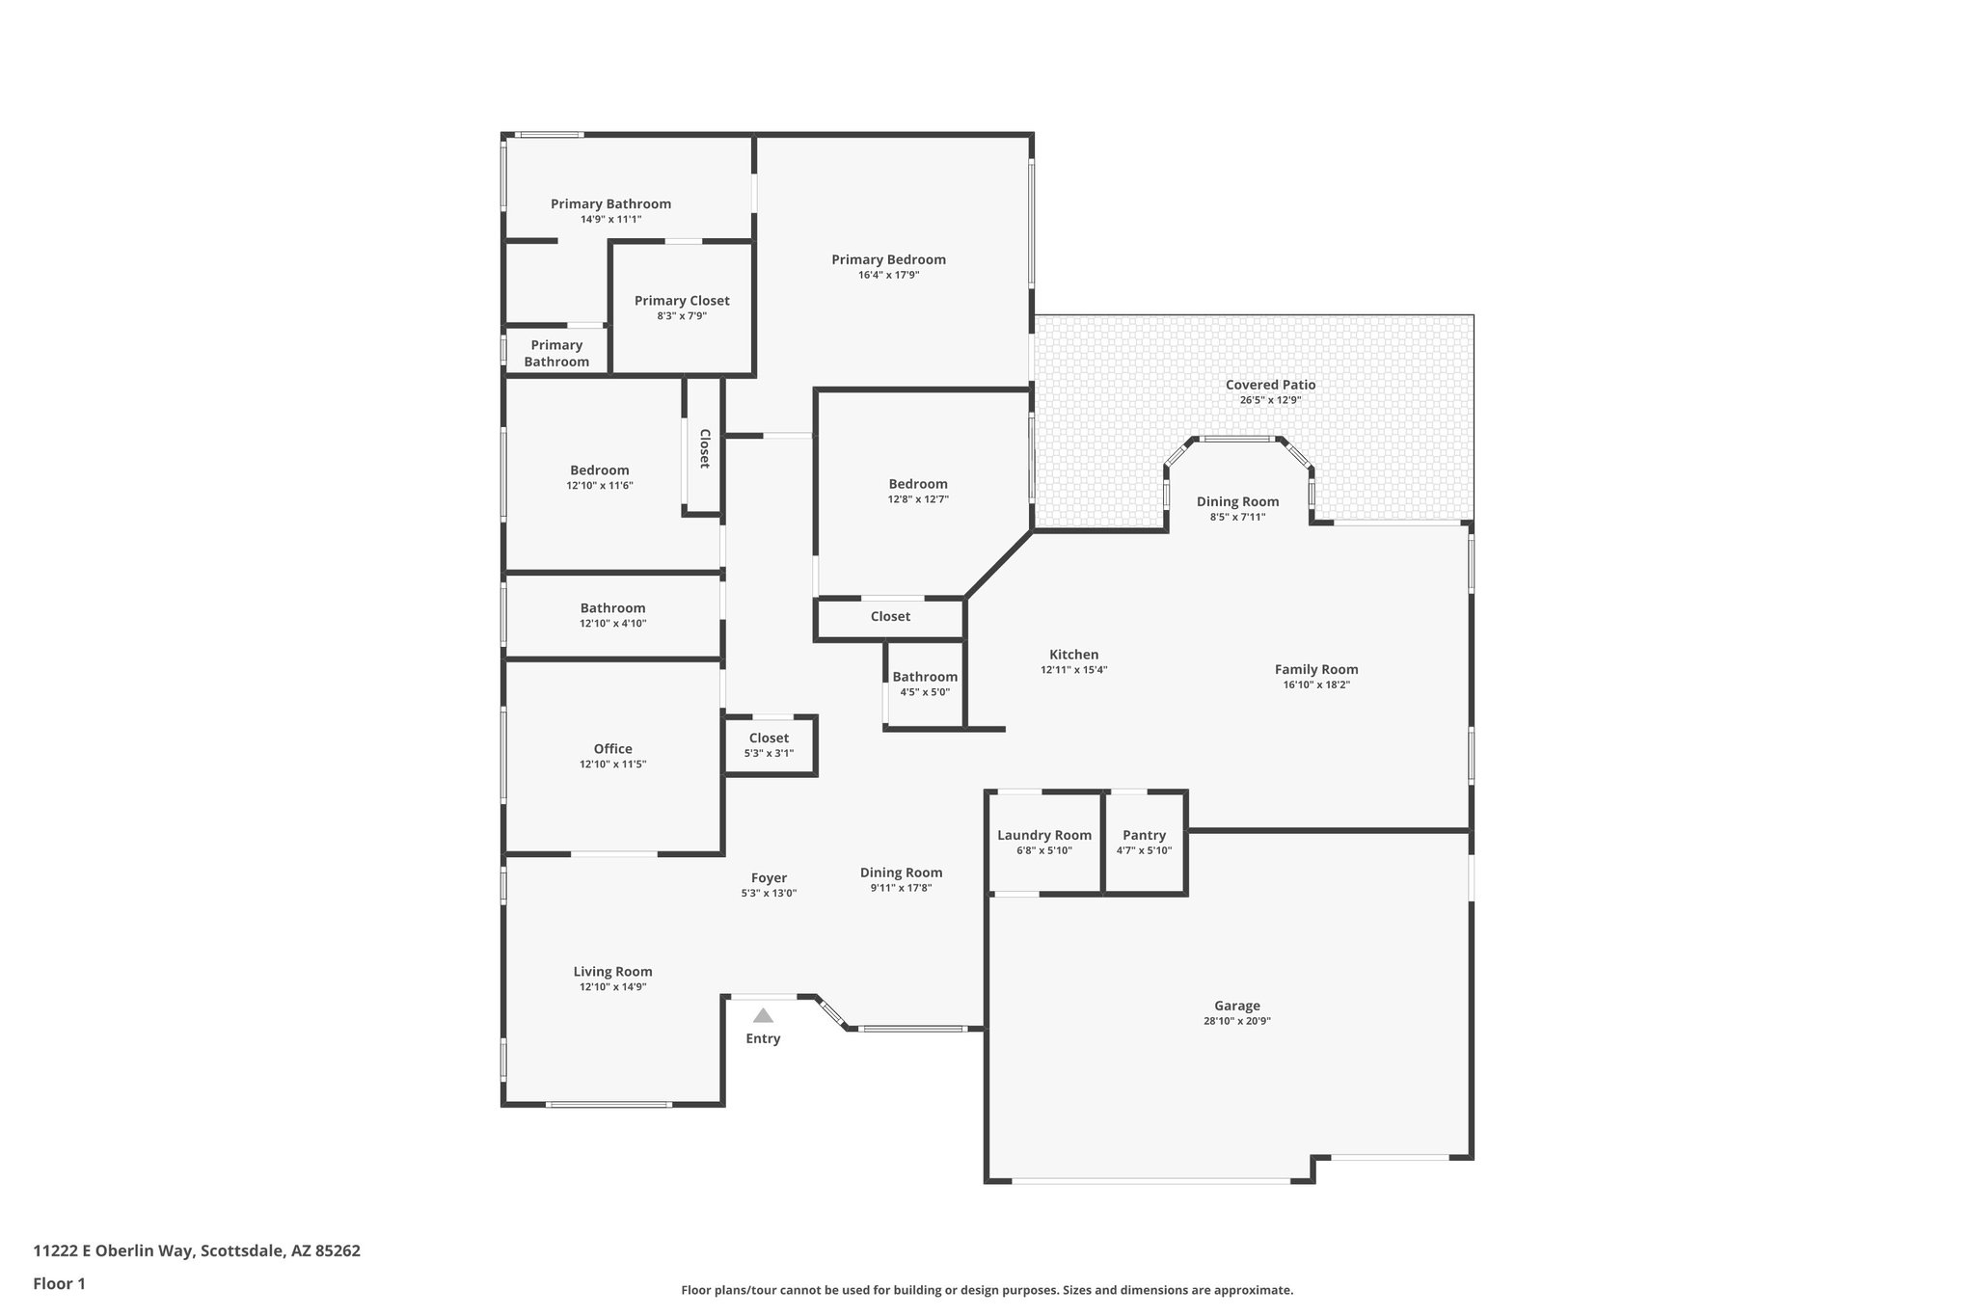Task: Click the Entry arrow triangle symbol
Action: (x=763, y=1015)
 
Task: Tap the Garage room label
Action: (x=1236, y=1006)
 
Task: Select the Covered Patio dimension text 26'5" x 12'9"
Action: (x=1270, y=400)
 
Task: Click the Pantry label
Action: (x=1144, y=835)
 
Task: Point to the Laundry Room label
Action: (x=1044, y=835)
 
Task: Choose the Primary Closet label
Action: (x=682, y=301)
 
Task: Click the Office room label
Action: (x=612, y=749)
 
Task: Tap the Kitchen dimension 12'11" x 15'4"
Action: (x=1073, y=670)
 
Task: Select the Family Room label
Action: (x=1316, y=669)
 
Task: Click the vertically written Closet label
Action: (x=704, y=448)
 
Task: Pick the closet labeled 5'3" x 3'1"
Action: (x=769, y=745)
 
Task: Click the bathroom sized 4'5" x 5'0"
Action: (x=925, y=684)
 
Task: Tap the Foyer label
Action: (x=769, y=877)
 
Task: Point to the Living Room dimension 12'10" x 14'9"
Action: (x=612, y=987)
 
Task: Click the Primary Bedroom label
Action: (x=888, y=259)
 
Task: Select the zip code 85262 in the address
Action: (x=338, y=1250)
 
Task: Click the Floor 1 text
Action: (x=60, y=1283)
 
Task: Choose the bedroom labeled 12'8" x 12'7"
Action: (x=918, y=491)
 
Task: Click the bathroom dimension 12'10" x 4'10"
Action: (x=612, y=624)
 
